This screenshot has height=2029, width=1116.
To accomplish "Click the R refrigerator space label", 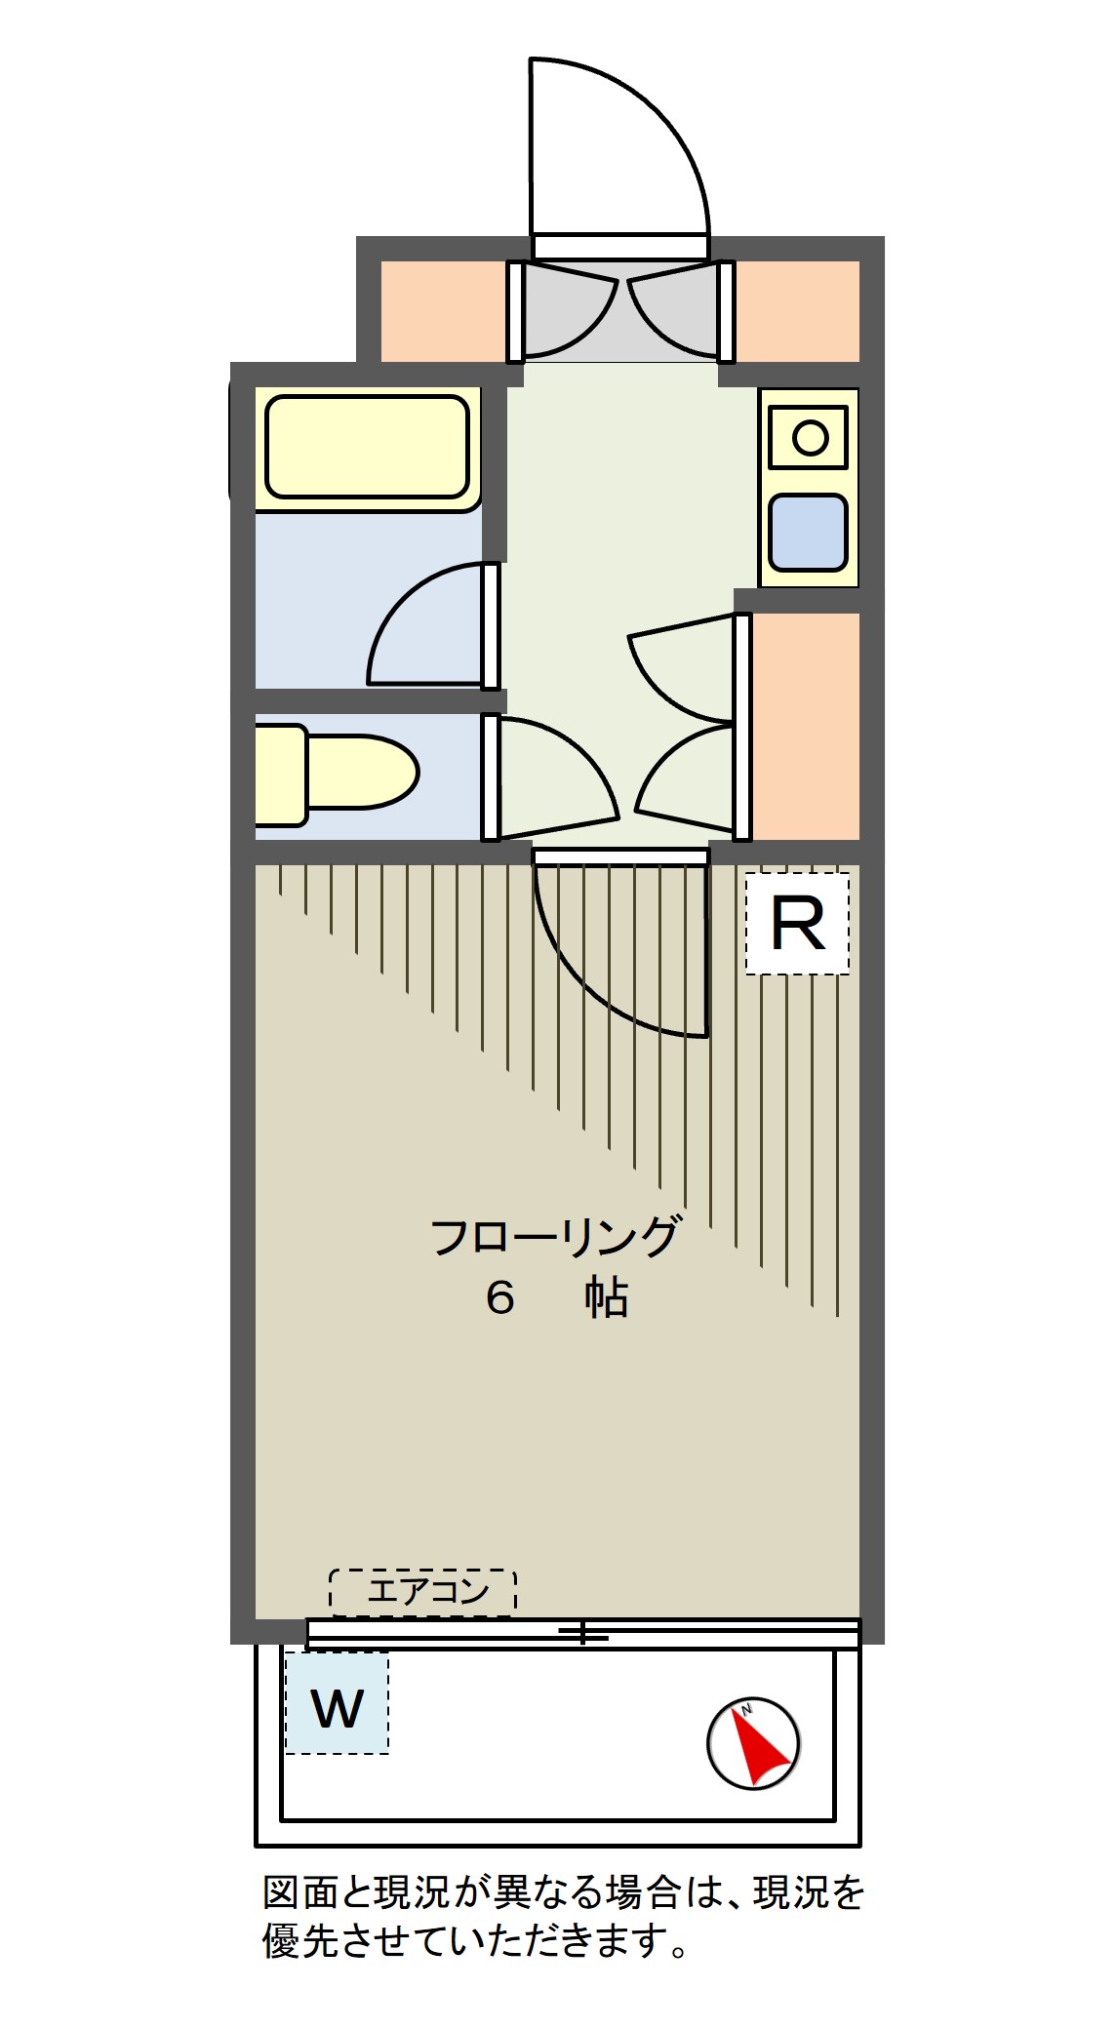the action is (x=797, y=923).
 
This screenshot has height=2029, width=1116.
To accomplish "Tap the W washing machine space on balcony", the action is (x=337, y=1706).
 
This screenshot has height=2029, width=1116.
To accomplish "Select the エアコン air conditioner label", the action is (x=422, y=1591).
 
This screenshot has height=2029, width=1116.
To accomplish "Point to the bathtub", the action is (x=367, y=447).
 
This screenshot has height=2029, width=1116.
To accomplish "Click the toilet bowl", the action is (x=361, y=772).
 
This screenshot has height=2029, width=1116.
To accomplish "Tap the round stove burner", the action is (x=810, y=437).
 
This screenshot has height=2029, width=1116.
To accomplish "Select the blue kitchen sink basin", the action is (x=808, y=533).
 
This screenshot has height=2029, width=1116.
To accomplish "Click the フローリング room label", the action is (x=554, y=1237).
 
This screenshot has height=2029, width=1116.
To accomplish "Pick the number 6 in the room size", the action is (x=499, y=1298).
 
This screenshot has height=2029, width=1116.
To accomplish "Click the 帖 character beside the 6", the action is (x=606, y=1298).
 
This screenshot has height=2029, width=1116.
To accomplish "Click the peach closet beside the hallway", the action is (x=806, y=726).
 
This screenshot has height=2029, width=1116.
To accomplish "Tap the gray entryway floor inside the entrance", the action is (x=620, y=310).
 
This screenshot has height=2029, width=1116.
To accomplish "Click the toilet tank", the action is (x=280, y=775).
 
